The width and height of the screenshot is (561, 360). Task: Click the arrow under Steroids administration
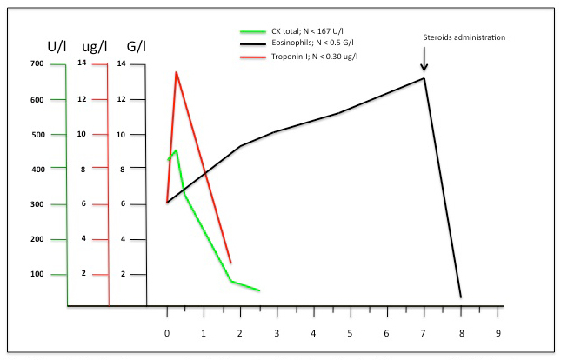[424, 60]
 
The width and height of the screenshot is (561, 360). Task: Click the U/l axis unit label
[58, 45]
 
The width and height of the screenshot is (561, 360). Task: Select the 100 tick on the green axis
[37, 274]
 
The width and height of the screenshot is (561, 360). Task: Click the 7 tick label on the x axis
[424, 333]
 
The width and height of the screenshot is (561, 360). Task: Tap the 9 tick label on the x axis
[498, 333]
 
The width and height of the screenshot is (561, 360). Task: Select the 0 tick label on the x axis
[167, 333]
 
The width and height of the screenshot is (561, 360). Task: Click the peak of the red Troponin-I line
[176, 72]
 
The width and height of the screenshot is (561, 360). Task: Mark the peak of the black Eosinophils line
[424, 78]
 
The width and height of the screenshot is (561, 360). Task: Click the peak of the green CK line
[176, 150]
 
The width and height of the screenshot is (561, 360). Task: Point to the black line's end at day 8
[460, 297]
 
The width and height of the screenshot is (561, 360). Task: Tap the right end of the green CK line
[259, 290]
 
